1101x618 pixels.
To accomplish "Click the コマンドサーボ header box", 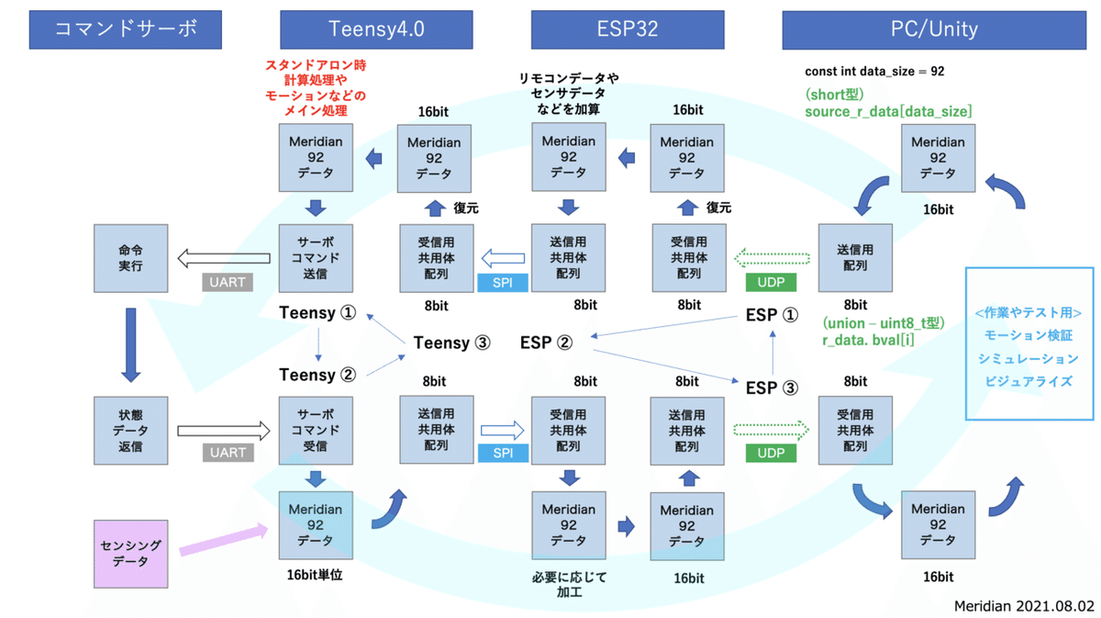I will tap(127, 29).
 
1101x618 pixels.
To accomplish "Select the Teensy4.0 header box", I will tap(375, 29).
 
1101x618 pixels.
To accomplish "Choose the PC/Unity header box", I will tap(933, 29).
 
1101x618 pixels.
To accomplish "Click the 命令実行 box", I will tap(130, 258).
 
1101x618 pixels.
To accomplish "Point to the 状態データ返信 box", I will tap(130, 430).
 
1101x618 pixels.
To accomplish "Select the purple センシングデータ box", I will tap(130, 554).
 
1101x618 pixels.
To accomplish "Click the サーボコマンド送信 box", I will tap(316, 258).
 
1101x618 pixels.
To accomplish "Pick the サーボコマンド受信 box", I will tap(316, 430).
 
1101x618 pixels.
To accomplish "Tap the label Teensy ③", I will tap(451, 343).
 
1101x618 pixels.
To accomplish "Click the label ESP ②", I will tap(546, 343).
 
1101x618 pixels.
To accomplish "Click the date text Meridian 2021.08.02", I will tap(1024, 606).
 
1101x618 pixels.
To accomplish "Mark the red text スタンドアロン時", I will tap(315, 66).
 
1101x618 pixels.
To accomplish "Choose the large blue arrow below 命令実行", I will tap(130, 344).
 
